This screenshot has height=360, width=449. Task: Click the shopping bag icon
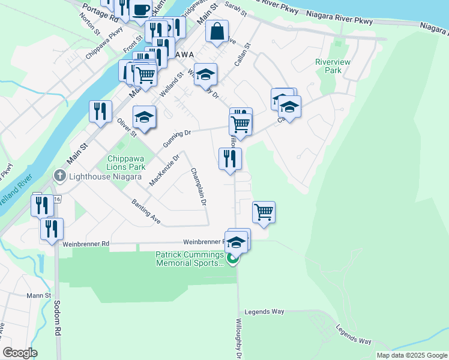(217, 32)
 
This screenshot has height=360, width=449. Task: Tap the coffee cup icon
(141, 10)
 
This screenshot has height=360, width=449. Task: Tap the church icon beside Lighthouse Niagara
(59, 176)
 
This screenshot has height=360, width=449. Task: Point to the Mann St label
(39, 295)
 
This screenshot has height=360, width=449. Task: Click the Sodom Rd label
(58, 318)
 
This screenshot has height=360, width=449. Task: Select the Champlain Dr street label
(199, 187)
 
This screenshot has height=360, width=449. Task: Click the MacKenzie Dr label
(164, 170)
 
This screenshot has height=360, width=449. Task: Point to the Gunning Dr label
(177, 139)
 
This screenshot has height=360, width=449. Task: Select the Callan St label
(243, 54)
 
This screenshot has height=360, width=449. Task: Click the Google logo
(20, 353)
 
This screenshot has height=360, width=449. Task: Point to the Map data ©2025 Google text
(412, 355)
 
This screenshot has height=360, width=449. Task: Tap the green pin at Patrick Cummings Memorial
(234, 260)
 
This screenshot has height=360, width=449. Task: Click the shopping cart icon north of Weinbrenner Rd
(264, 212)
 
